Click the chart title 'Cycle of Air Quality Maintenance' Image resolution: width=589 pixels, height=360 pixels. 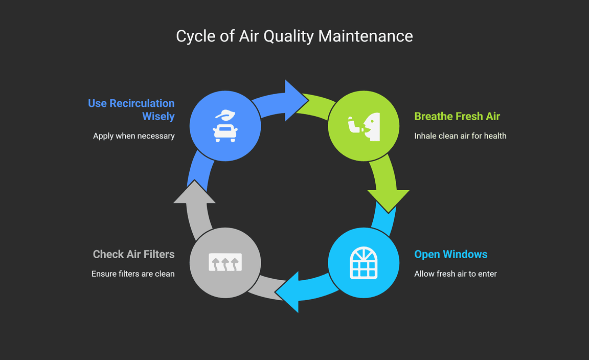[x=294, y=36]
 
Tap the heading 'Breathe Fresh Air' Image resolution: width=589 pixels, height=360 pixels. [x=457, y=117]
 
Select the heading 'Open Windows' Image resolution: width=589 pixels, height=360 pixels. [x=450, y=255]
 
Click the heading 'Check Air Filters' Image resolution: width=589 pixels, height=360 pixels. [x=133, y=255]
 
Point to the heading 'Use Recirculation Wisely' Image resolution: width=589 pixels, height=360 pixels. [x=131, y=110]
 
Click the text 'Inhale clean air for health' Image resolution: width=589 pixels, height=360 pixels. [x=460, y=136]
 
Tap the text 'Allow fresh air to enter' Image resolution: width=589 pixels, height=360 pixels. [x=455, y=274]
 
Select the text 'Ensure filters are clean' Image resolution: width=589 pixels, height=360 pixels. [x=133, y=274]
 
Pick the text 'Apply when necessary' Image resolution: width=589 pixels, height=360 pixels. [x=133, y=136]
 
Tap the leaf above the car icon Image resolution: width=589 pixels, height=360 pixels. [x=225, y=115]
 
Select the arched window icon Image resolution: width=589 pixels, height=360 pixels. [x=363, y=263]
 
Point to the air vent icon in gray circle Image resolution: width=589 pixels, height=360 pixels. [x=225, y=263]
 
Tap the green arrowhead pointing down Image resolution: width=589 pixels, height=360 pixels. [x=388, y=200]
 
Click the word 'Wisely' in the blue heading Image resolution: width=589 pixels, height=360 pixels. [x=158, y=117]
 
